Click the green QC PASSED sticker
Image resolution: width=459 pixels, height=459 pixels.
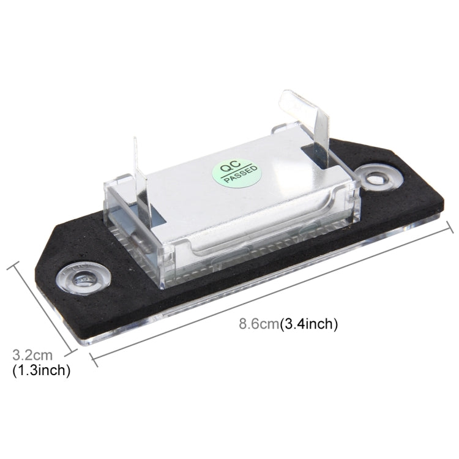tap(236, 173)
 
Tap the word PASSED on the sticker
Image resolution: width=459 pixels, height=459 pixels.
tap(241, 175)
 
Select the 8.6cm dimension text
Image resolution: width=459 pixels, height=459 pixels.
tap(259, 324)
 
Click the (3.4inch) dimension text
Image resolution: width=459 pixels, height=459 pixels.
tap(309, 324)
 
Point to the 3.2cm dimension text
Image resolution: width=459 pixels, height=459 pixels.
tap(32, 356)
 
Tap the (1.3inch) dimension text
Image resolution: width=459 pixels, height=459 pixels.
tap(41, 370)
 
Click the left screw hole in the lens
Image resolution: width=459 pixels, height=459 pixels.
tap(83, 277)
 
